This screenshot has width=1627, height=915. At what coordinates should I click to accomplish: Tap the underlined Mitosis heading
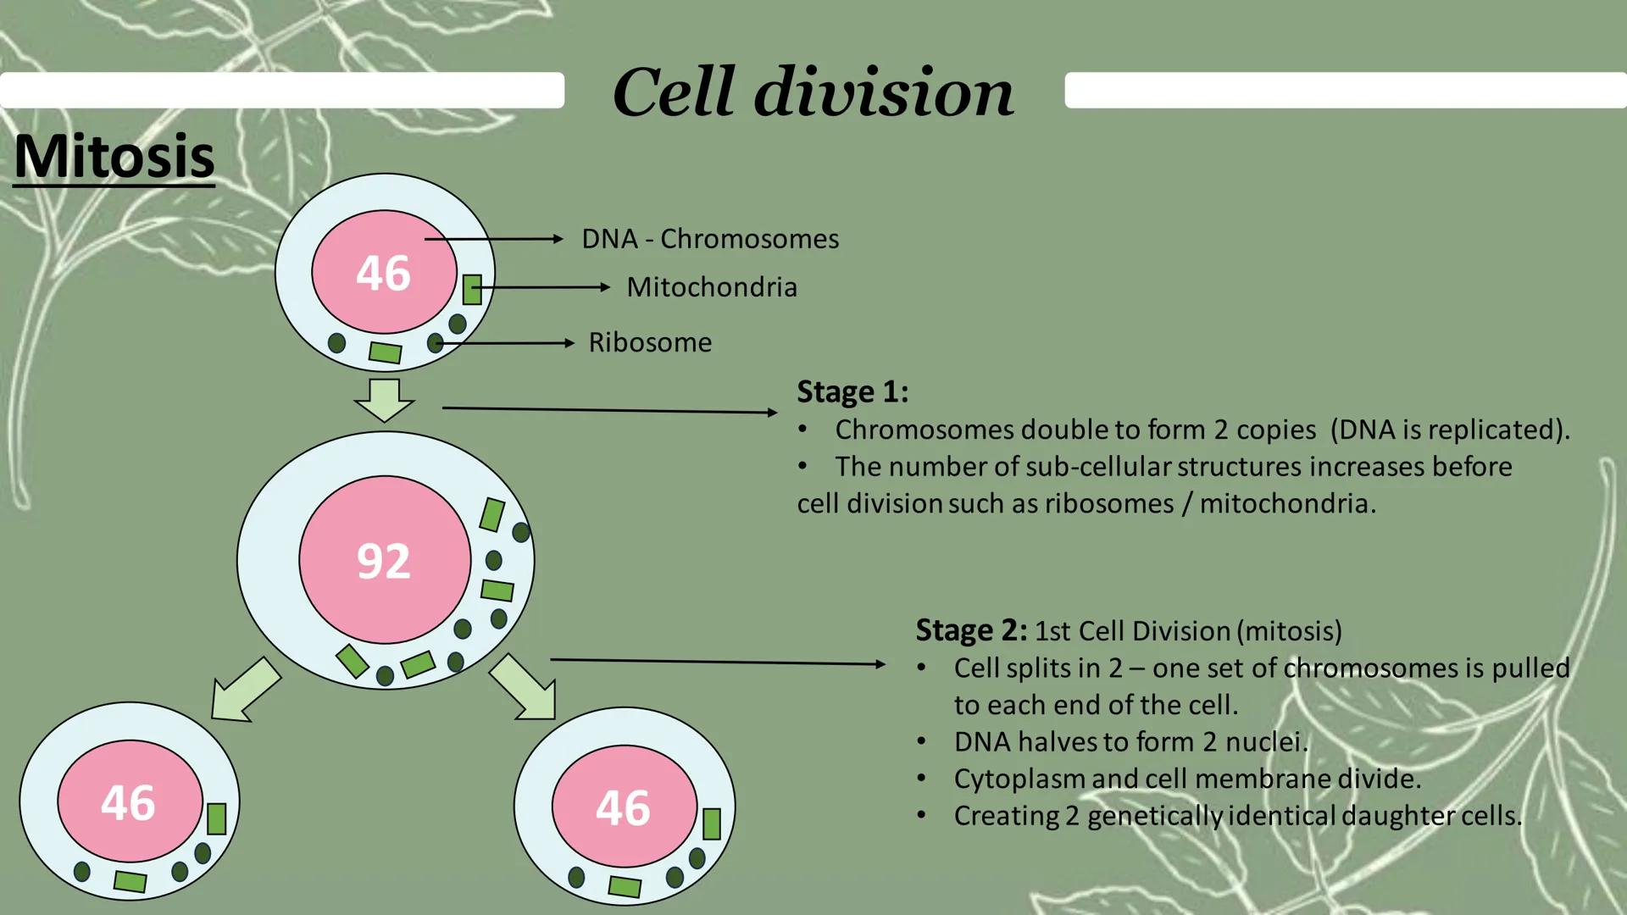114,157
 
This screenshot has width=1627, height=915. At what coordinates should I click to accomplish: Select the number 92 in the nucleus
384,561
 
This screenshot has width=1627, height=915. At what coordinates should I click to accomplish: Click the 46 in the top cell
383,273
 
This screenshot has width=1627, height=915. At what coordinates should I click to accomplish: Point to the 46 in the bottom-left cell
128,802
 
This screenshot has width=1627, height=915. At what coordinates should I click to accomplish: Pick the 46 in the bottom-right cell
623,807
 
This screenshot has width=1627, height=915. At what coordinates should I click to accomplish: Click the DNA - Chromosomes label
710,239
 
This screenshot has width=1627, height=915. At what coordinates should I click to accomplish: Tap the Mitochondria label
712,287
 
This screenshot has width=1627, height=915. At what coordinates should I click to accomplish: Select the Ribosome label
650,342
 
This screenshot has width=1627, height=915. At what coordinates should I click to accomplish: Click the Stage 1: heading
852,391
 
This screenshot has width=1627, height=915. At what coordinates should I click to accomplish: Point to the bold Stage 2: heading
971,630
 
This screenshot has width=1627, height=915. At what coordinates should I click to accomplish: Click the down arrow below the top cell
385,400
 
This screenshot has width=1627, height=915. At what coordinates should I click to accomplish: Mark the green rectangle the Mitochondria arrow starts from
472,289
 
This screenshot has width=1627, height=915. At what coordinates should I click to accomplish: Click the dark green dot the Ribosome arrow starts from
435,343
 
